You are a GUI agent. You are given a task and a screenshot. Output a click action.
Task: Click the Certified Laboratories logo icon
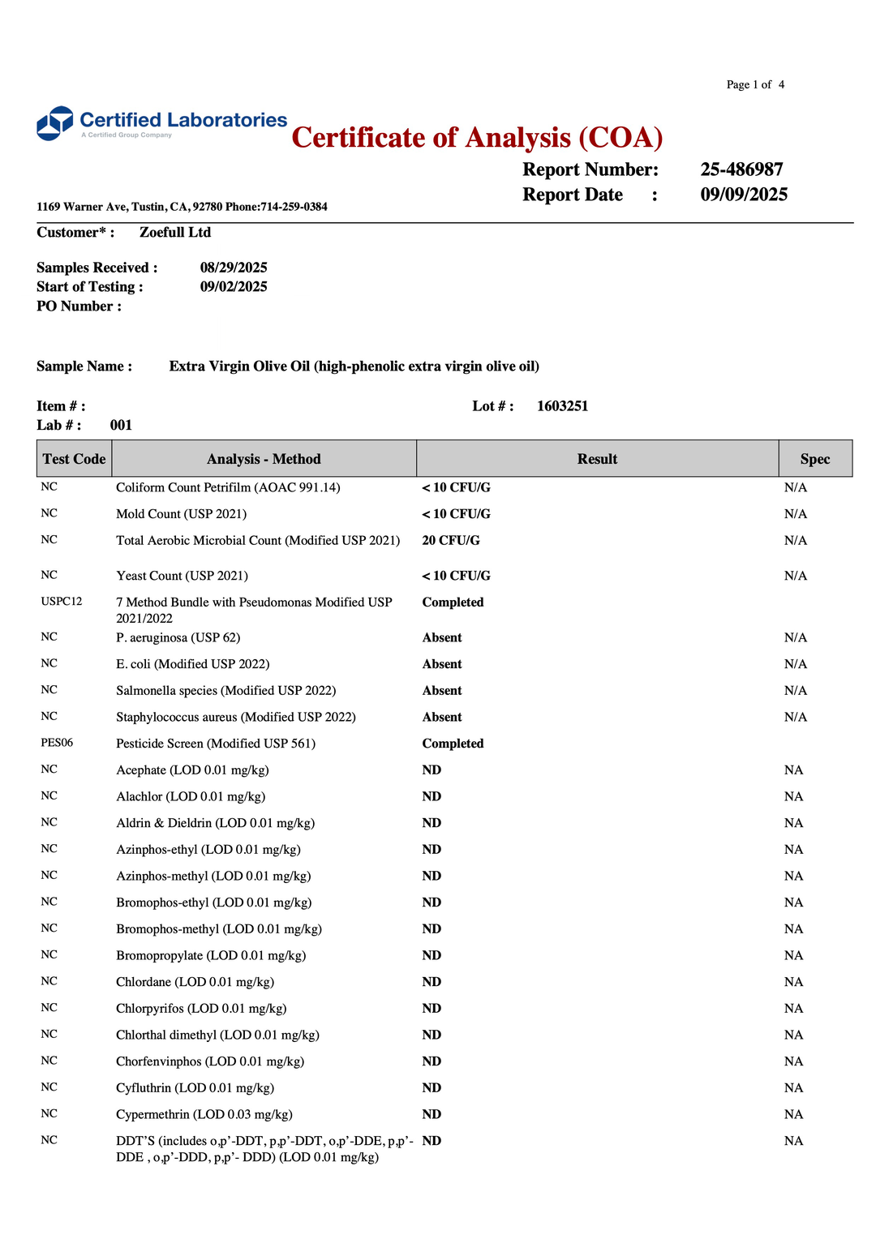pyautogui.click(x=55, y=123)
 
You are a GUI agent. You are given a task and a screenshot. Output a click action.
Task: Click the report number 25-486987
pyautogui.click(x=741, y=169)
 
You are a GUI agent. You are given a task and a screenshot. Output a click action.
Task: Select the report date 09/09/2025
pyautogui.click(x=744, y=195)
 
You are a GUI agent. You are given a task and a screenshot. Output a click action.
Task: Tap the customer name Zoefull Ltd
pyautogui.click(x=175, y=233)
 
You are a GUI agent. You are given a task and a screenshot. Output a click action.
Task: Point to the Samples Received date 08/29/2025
pyautogui.click(x=234, y=268)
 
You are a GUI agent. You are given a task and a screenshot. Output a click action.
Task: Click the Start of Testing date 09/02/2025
pyautogui.click(x=234, y=287)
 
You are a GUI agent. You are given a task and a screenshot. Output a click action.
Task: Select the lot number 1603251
pyautogui.click(x=562, y=406)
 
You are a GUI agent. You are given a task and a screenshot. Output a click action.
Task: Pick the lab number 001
pyautogui.click(x=121, y=426)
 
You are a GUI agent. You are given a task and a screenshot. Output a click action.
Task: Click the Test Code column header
pyautogui.click(x=74, y=459)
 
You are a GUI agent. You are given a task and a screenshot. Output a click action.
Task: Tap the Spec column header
pyautogui.click(x=814, y=459)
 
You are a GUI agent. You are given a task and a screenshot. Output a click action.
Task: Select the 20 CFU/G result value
pyautogui.click(x=451, y=541)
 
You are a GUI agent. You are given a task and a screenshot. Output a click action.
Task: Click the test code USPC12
pyautogui.click(x=62, y=602)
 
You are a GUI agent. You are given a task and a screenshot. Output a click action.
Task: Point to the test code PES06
pyautogui.click(x=57, y=743)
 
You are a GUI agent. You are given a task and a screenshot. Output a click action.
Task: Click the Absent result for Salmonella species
pyautogui.click(x=442, y=691)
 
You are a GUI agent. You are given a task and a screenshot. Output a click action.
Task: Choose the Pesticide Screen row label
pyautogui.click(x=216, y=744)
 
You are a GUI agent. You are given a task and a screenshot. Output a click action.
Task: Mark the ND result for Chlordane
pyautogui.click(x=432, y=982)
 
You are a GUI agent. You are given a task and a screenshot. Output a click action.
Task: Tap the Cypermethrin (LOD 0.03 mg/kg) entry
pyautogui.click(x=204, y=1115)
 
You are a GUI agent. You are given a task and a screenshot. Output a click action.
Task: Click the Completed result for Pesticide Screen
pyautogui.click(x=453, y=744)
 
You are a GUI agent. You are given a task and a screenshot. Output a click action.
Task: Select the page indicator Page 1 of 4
pyautogui.click(x=755, y=84)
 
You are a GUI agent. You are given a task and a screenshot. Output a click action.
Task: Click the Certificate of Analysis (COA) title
pyautogui.click(x=477, y=138)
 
